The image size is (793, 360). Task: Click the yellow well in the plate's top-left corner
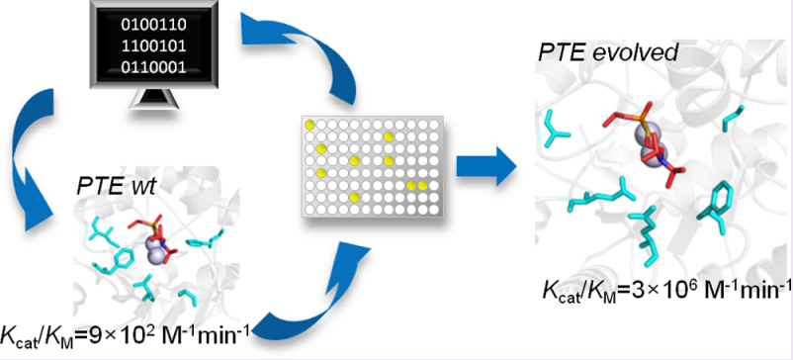click(x=309, y=125)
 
